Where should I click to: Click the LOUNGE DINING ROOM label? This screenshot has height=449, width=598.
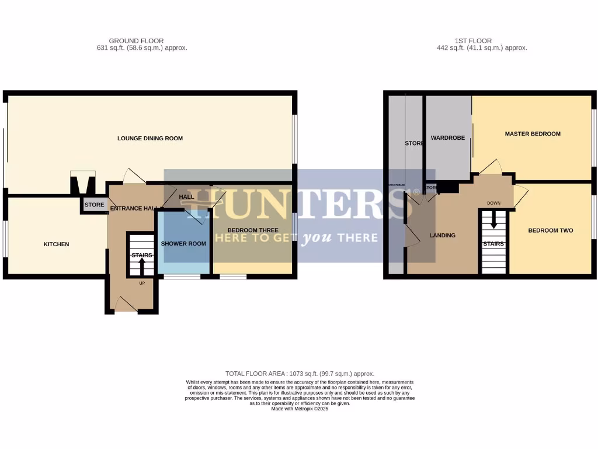(x=150, y=139)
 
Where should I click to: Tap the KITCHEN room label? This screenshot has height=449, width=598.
(x=57, y=244)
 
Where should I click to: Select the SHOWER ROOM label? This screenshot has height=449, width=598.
(x=183, y=244)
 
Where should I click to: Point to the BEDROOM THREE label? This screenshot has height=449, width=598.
(x=253, y=230)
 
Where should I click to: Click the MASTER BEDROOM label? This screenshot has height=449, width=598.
(x=533, y=134)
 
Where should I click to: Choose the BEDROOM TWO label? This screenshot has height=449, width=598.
(x=551, y=230)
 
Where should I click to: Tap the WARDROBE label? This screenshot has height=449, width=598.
(x=448, y=139)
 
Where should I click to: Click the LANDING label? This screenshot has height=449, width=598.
(x=442, y=236)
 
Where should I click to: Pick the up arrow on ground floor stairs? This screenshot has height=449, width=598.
(x=141, y=267)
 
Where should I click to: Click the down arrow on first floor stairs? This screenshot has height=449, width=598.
(x=493, y=221)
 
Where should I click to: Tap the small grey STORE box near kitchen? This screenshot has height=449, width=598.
(x=94, y=205)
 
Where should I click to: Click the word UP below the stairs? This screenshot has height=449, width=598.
(x=141, y=284)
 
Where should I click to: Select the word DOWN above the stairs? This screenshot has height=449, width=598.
(x=493, y=203)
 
